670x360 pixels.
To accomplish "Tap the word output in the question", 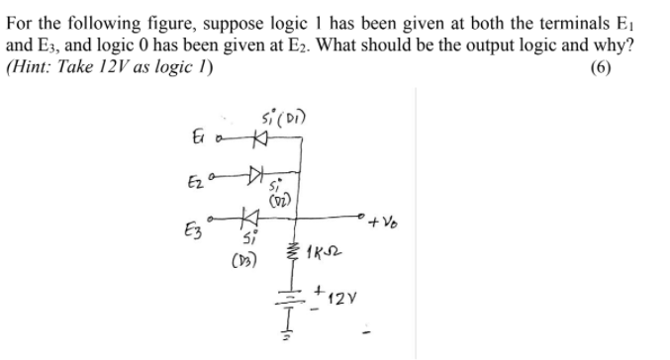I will pyautogui.click(x=506, y=47).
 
